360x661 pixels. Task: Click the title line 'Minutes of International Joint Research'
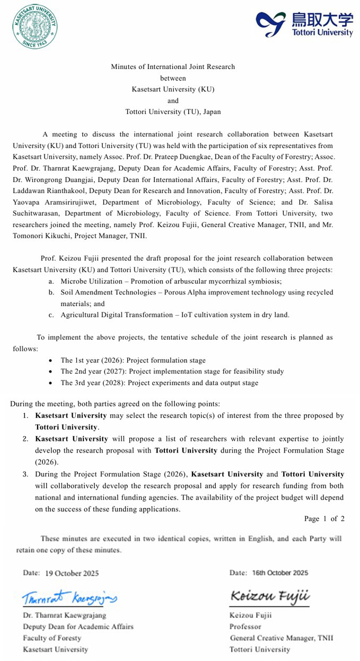pos(173,67)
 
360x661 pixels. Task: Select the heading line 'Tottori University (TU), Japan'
pos(173,112)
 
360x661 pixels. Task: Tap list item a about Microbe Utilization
pos(171,281)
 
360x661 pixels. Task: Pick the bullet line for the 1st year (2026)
pos(133,361)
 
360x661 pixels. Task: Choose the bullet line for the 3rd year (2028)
pos(159,383)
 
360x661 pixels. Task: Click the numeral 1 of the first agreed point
pos(25,416)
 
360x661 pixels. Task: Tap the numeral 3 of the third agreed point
pos(25,474)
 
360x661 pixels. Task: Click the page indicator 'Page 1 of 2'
pos(324,519)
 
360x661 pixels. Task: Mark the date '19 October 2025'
pos(72,573)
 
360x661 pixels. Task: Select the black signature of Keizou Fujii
pos(269,596)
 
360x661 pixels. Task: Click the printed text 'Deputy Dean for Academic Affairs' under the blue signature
pos(77,627)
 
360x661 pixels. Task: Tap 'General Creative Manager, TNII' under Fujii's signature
pos(281,638)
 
